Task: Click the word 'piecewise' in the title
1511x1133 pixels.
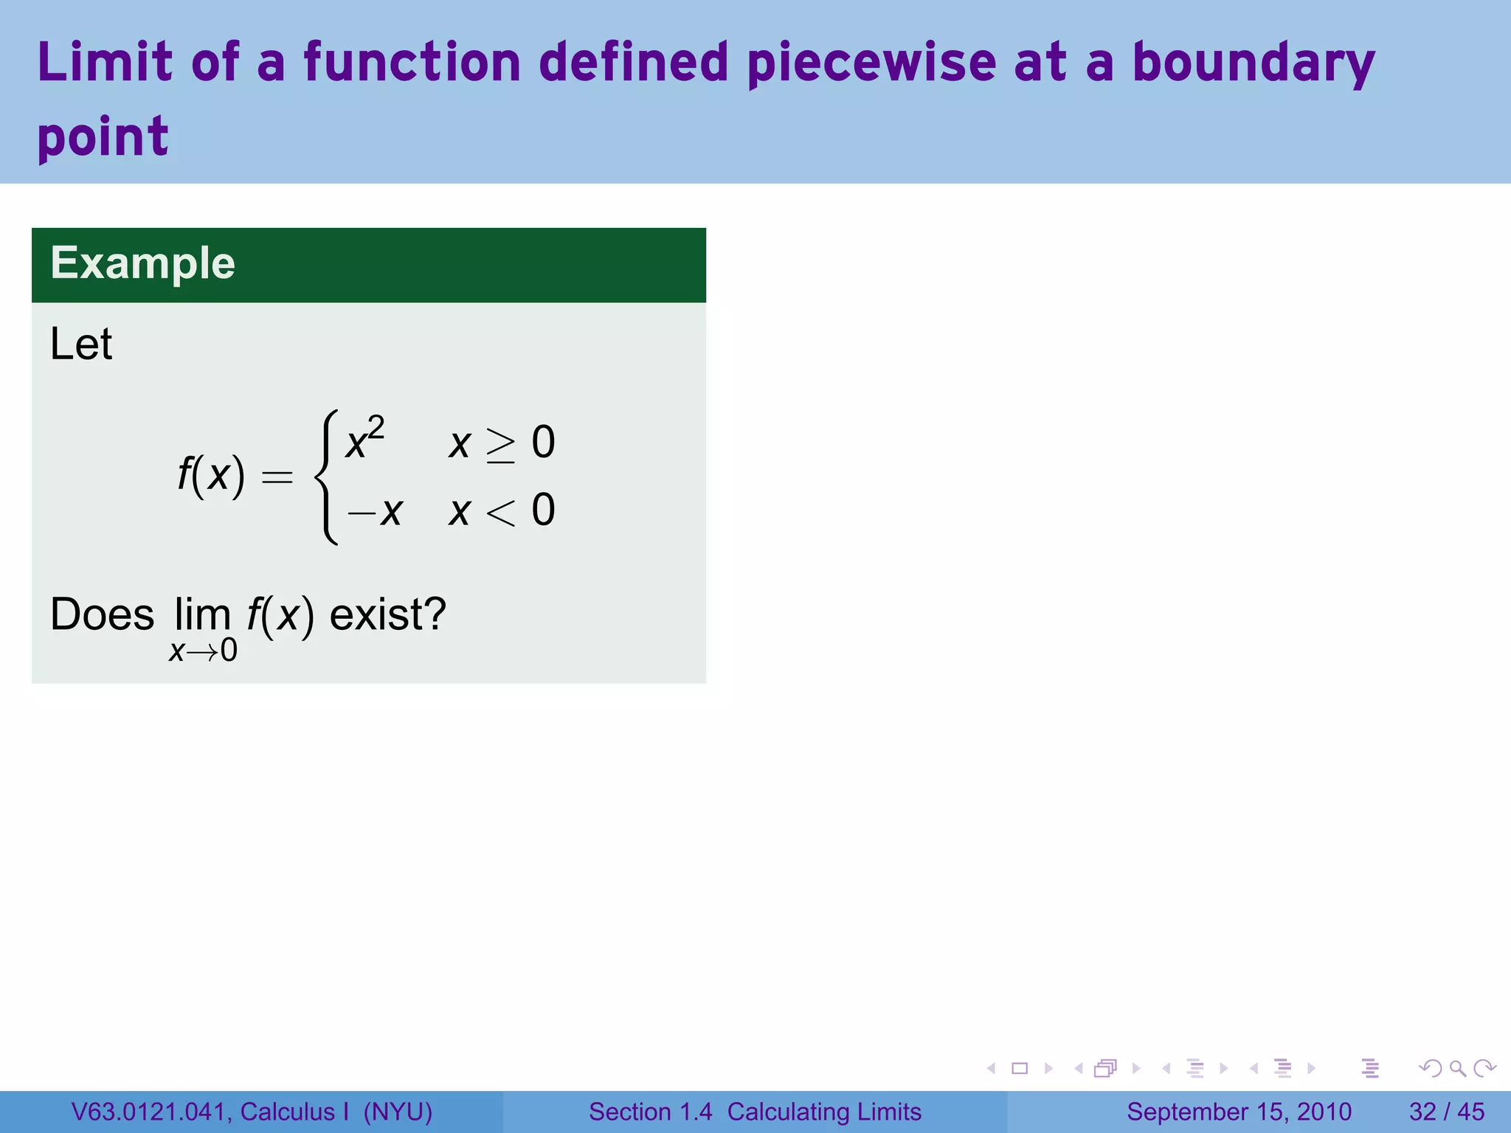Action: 871,64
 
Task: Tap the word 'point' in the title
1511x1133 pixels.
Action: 103,138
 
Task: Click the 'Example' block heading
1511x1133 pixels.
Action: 142,263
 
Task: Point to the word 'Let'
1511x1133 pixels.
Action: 80,344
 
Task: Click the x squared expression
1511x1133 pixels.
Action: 364,440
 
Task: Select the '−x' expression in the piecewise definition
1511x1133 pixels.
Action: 375,510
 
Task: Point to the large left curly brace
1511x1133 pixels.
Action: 327,477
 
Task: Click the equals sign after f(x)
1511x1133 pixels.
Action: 277,478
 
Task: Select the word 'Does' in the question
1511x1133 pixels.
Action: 102,614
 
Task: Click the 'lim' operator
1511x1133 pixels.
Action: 202,614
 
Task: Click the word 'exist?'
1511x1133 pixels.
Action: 387,614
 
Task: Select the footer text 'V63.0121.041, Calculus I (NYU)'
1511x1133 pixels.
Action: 252,1112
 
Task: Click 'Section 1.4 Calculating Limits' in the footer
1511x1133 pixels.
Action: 755,1112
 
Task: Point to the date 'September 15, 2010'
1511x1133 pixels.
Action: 1239,1112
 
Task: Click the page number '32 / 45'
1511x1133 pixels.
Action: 1446,1112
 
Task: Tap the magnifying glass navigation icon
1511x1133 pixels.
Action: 1457,1068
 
